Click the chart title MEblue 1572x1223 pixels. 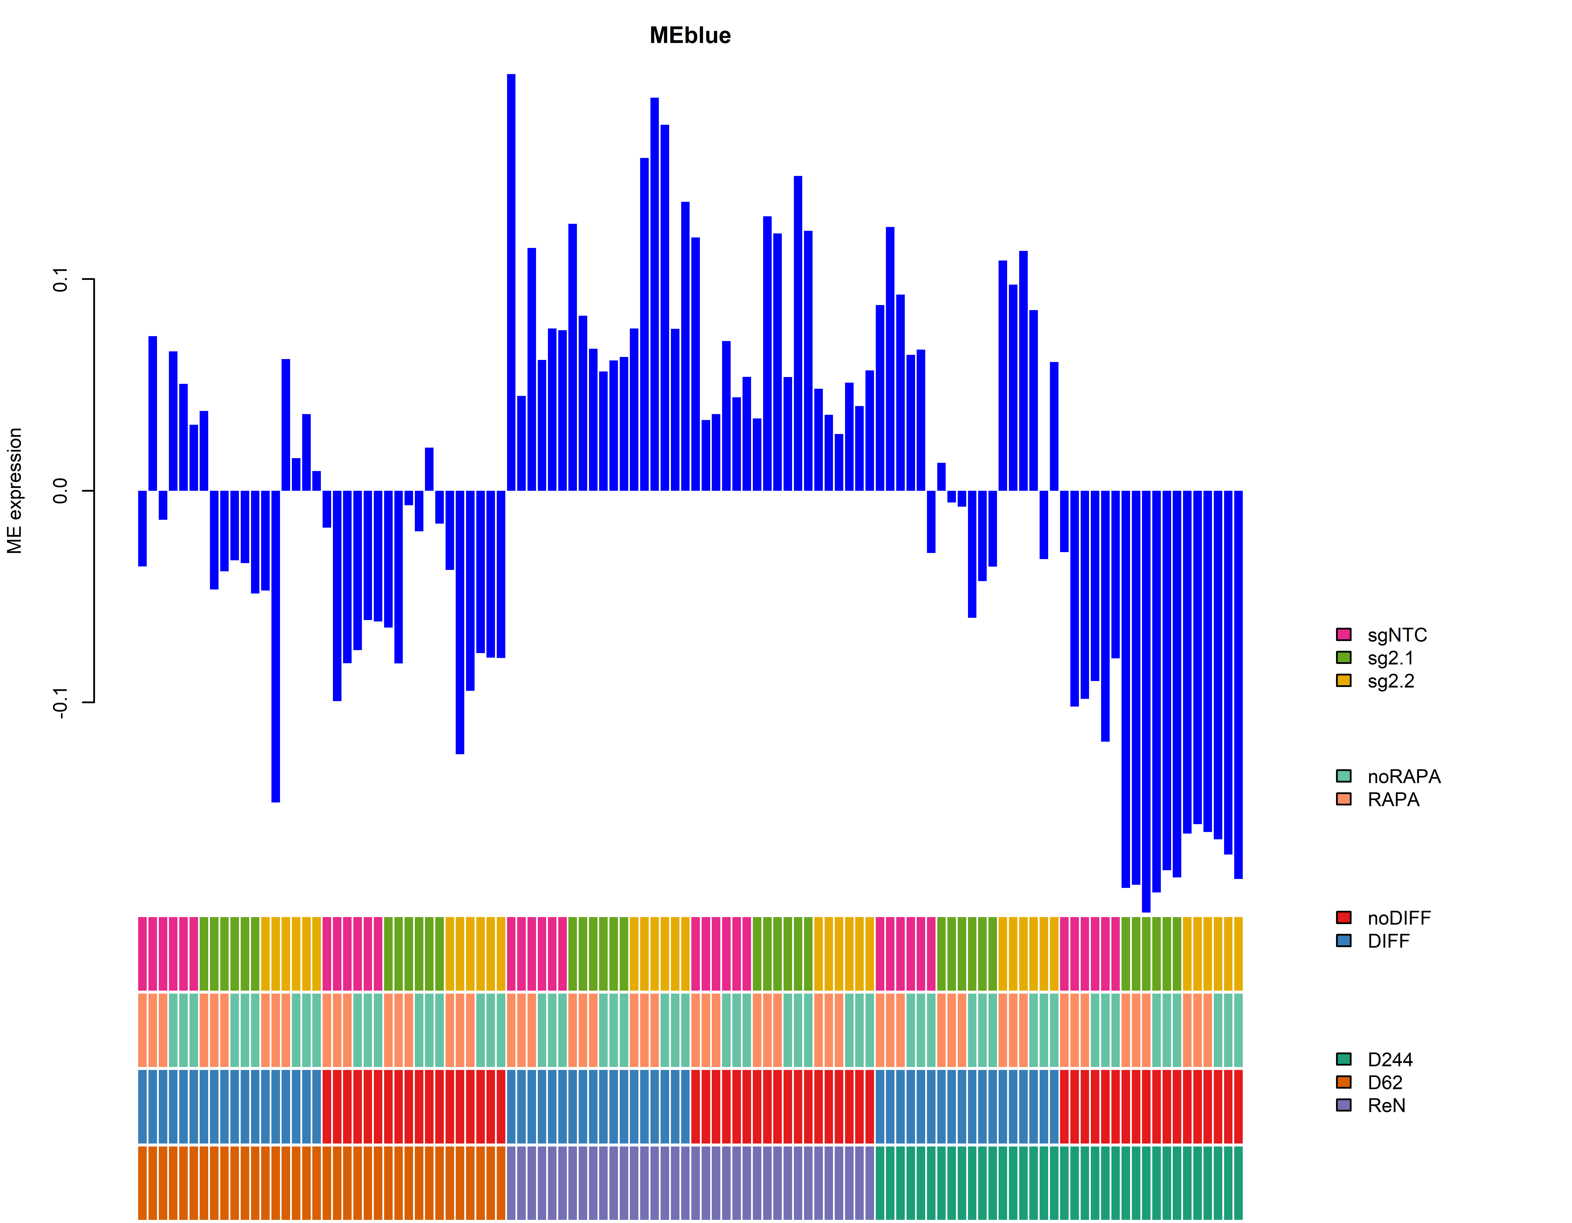[690, 35]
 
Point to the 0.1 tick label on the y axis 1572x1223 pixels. [60, 279]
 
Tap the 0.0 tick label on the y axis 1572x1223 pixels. [60, 491]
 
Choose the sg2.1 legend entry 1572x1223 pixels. [1390, 658]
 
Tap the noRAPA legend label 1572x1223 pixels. [1404, 777]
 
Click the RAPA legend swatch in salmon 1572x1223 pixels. [1343, 799]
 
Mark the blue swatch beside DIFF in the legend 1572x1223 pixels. [1343, 941]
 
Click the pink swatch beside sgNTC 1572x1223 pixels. [1343, 634]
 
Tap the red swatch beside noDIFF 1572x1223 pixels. [1343, 918]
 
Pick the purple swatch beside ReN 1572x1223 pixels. [1343, 1105]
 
